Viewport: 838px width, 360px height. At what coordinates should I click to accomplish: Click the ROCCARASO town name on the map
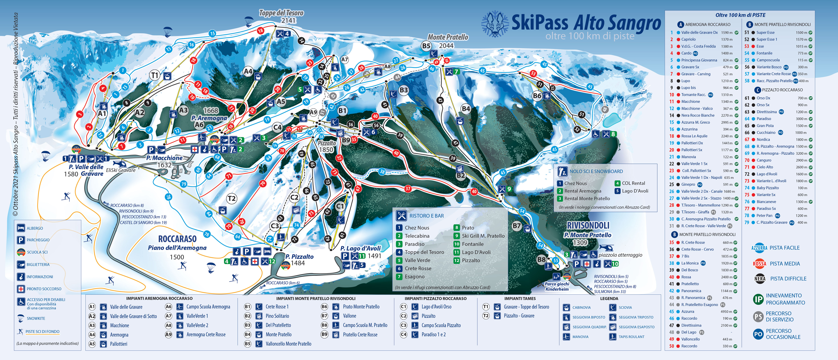177,239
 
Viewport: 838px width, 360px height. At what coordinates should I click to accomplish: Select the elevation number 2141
289,21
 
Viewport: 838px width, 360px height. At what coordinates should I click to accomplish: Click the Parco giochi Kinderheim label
557,286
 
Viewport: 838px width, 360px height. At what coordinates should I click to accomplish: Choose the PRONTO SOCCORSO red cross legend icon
21,289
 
